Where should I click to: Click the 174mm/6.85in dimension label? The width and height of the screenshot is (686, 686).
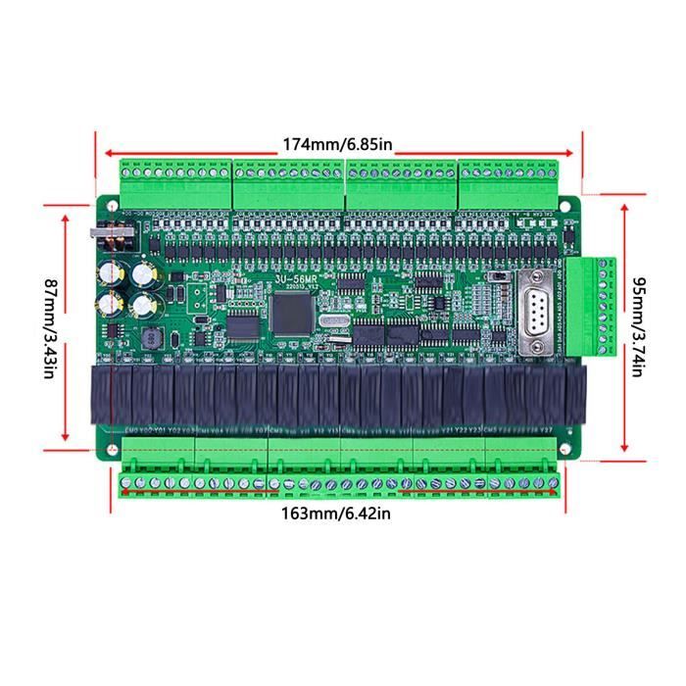[x=337, y=144]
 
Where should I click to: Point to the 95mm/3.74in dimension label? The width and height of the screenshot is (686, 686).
[x=638, y=325]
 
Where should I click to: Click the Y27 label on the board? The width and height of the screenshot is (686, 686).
[x=547, y=429]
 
